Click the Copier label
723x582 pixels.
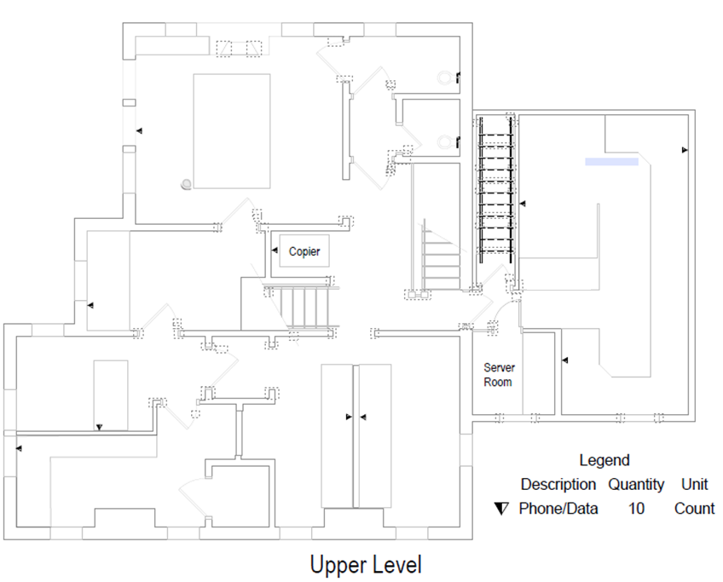click(x=304, y=251)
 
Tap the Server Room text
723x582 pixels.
click(x=499, y=375)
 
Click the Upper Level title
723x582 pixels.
click(x=366, y=565)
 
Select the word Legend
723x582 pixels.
click(x=604, y=460)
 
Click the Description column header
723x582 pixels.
click(x=558, y=484)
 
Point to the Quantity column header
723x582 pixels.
click(x=636, y=485)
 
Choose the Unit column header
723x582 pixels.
click(x=694, y=484)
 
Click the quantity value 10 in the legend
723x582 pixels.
click(x=636, y=508)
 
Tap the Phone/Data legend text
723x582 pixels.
click(x=558, y=508)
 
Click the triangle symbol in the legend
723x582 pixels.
click(x=500, y=509)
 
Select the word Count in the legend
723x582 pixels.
click(x=694, y=508)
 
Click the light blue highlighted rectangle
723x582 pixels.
click(x=612, y=162)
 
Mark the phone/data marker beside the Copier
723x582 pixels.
click(x=275, y=251)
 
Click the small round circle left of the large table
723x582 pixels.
click(x=186, y=184)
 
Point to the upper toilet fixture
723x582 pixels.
click(x=444, y=78)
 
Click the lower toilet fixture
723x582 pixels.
click(x=444, y=141)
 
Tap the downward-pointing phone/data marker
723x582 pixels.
click(x=99, y=428)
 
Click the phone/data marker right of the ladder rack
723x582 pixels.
click(x=523, y=203)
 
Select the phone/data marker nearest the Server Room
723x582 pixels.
click(x=564, y=360)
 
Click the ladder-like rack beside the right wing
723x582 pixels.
click(x=495, y=190)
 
